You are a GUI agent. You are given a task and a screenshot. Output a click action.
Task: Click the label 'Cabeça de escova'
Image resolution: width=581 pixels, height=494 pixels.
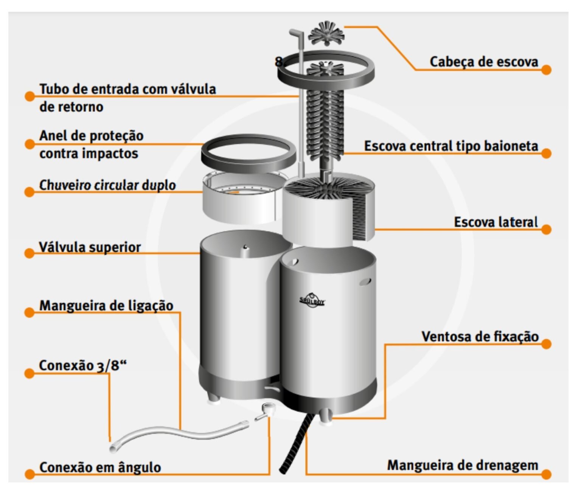[x=483, y=62]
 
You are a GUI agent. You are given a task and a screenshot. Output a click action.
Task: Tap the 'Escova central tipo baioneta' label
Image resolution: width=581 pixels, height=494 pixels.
[x=451, y=146]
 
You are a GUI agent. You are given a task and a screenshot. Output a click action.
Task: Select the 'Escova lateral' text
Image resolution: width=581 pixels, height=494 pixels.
[x=496, y=222]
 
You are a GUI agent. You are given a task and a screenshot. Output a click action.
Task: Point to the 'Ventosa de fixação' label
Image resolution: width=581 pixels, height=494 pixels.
[x=480, y=336]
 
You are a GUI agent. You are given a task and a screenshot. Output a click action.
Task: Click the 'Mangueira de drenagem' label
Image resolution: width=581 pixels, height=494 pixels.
[x=462, y=465]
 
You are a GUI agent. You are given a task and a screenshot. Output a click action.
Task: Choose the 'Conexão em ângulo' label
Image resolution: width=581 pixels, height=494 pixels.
[x=100, y=467]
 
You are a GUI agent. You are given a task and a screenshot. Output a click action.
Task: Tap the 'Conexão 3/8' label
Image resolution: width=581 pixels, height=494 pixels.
[x=83, y=365]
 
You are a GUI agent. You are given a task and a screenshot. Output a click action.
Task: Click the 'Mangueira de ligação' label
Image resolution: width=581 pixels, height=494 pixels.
[x=106, y=306]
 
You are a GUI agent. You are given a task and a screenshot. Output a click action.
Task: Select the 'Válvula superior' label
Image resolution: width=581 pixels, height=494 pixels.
[x=90, y=247]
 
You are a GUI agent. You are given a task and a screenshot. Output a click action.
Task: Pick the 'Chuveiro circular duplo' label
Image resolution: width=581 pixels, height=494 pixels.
[x=107, y=185]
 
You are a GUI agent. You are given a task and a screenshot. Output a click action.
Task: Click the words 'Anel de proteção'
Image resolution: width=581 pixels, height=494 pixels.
[x=91, y=135]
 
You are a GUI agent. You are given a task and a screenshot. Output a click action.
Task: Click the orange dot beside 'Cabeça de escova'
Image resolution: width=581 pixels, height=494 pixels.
[x=546, y=70]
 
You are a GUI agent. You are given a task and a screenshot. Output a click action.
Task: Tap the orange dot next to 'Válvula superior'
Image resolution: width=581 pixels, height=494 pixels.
[x=30, y=253]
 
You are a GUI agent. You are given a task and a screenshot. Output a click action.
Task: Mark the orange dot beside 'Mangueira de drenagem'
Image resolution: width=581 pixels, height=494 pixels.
[x=546, y=474]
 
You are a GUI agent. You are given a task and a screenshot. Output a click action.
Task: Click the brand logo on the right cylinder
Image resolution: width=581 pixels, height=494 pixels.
[x=312, y=301]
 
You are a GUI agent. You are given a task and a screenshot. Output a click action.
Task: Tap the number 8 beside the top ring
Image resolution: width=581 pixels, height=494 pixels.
[x=279, y=61]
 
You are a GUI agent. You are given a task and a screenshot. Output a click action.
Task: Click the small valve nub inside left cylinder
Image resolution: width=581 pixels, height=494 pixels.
[x=245, y=247]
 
